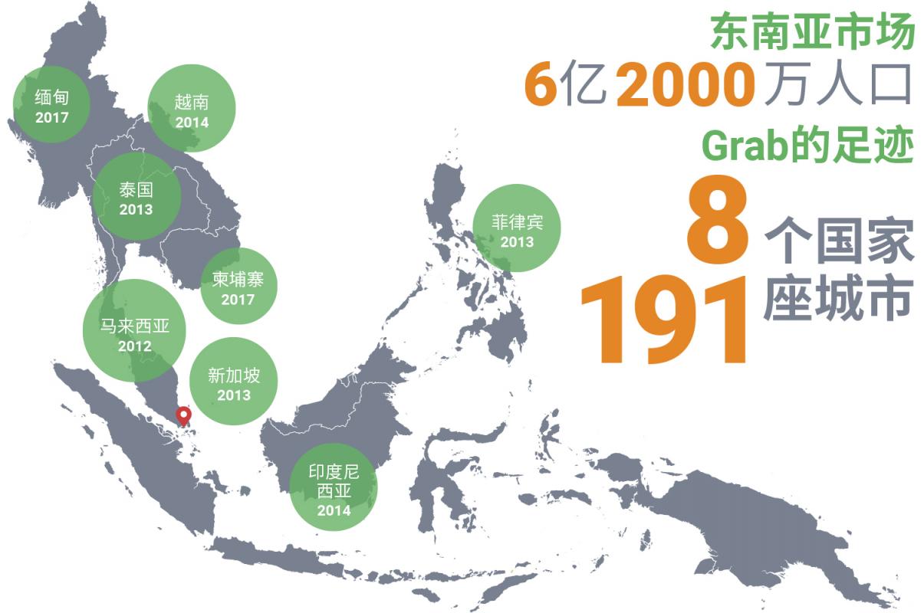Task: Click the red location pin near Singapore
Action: [x=183, y=416]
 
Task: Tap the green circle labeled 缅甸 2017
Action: [x=51, y=105]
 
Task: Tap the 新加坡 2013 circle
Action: [x=234, y=382]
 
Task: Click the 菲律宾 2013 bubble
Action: [x=517, y=228]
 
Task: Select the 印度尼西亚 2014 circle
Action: [x=334, y=487]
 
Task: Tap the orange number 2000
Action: [x=685, y=85]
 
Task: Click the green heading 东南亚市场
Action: [x=812, y=33]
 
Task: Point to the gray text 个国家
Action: [x=839, y=240]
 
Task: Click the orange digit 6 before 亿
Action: [x=540, y=85]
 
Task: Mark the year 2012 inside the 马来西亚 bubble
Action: [x=134, y=346]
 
